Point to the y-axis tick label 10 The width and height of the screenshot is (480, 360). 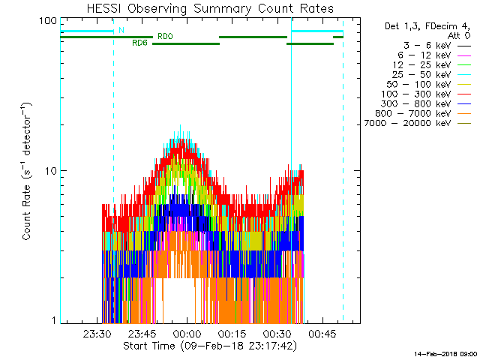[x=52, y=171]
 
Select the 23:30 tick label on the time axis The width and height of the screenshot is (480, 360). [x=99, y=334]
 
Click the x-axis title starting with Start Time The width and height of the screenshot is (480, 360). [x=209, y=346]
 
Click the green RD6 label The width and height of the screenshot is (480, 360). [x=139, y=43]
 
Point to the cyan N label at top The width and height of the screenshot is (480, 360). [x=121, y=30]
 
